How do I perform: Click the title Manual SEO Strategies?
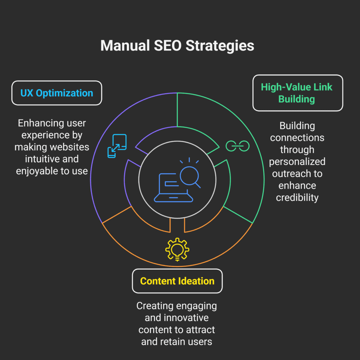(x=177, y=46)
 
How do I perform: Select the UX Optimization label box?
(x=57, y=93)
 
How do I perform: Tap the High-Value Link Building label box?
(x=297, y=93)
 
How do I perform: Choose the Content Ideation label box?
(x=177, y=281)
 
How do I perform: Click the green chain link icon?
(x=237, y=146)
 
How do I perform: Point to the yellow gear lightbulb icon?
(x=177, y=249)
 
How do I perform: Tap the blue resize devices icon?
(x=117, y=146)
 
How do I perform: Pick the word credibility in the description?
(x=297, y=198)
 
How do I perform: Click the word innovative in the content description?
(x=185, y=318)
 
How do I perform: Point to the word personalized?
(x=297, y=162)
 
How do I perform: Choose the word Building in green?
(x=296, y=99)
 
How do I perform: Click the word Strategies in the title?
(x=219, y=46)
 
